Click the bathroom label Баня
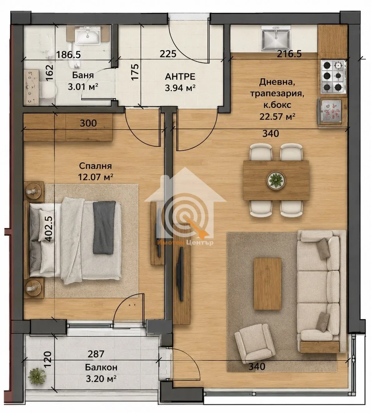(83, 75)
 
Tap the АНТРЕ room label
(180, 76)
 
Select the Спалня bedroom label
(95, 166)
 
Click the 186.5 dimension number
(68, 55)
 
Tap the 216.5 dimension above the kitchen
(289, 54)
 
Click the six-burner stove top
(333, 76)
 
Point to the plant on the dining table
(276, 180)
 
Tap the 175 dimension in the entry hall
(135, 72)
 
